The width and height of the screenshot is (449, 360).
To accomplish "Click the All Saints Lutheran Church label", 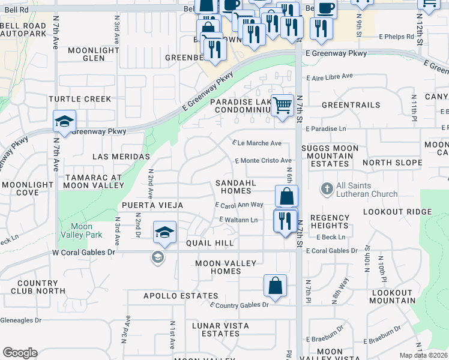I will [x=367, y=190].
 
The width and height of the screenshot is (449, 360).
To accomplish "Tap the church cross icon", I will [x=327, y=190].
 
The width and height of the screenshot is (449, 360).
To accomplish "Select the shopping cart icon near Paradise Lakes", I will [x=282, y=105].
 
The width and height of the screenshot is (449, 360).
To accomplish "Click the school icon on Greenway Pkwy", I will [x=64, y=121].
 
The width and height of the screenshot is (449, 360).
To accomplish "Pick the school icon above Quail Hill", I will [x=164, y=232].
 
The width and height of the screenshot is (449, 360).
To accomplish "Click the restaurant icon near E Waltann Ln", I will [x=285, y=220].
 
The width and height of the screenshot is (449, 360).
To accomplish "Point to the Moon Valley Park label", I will [x=77, y=230].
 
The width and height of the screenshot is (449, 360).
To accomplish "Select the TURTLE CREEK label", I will [x=80, y=99].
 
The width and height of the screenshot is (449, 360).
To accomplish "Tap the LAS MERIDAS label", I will [x=121, y=157].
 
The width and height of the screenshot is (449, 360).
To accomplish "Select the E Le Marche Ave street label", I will [x=257, y=143].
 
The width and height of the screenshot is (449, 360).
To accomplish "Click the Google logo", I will [x=20, y=352].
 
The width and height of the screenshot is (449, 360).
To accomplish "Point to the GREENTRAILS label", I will [x=351, y=105].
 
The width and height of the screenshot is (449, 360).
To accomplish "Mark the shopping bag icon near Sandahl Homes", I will [x=287, y=196].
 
